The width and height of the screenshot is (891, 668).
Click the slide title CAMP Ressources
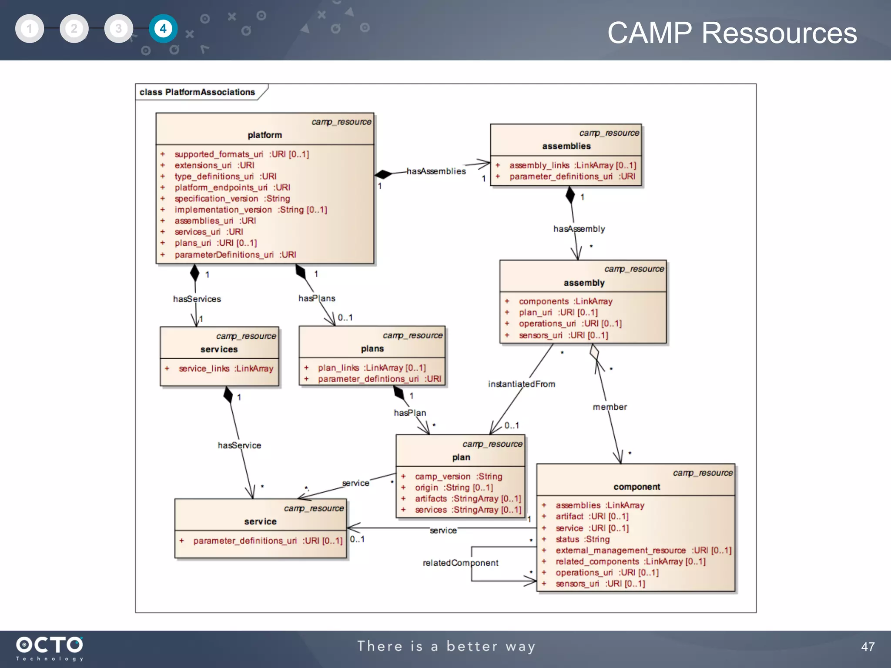(732, 33)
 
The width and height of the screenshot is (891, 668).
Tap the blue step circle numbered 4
(163, 29)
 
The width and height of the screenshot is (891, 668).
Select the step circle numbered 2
(74, 29)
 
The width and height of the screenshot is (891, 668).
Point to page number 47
(868, 647)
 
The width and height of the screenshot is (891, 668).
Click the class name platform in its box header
(265, 135)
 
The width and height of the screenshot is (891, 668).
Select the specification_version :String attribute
(232, 199)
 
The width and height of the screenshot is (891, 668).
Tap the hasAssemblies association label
(436, 171)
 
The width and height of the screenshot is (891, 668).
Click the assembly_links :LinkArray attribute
(572, 165)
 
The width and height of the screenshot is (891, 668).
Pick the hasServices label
(197, 299)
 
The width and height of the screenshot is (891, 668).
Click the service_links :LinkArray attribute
(225, 369)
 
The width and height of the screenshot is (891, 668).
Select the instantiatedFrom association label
(521, 384)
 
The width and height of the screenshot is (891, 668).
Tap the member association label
(610, 407)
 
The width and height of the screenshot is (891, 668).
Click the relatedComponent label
(460, 563)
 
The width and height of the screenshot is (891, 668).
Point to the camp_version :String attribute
(458, 477)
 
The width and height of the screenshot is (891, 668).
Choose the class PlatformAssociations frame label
(197, 92)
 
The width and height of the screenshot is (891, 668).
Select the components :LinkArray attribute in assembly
(565, 301)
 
